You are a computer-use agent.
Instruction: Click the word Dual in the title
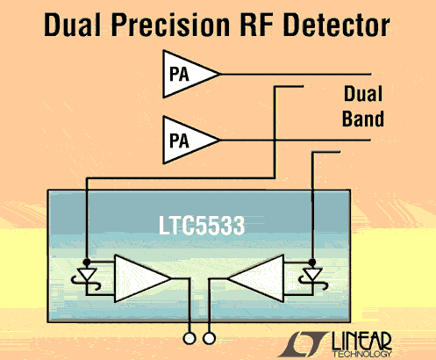click(72, 25)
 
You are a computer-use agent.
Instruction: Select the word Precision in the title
click(170, 25)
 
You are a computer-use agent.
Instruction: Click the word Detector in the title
click(336, 25)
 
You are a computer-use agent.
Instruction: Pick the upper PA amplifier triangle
click(187, 74)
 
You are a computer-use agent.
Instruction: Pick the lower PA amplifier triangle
click(187, 140)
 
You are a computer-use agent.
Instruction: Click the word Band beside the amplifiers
click(363, 119)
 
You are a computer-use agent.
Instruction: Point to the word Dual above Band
click(363, 93)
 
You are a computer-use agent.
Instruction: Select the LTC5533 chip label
click(202, 226)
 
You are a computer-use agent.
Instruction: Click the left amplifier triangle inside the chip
click(138, 278)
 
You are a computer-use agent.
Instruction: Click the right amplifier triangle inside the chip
click(261, 278)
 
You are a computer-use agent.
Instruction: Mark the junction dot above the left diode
click(87, 262)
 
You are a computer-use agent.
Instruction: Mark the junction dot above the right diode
click(312, 262)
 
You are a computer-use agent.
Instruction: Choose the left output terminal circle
click(189, 338)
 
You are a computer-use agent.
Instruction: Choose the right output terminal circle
click(209, 338)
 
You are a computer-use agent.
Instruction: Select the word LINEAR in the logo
click(361, 341)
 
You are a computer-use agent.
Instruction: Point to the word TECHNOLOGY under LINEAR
click(362, 354)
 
